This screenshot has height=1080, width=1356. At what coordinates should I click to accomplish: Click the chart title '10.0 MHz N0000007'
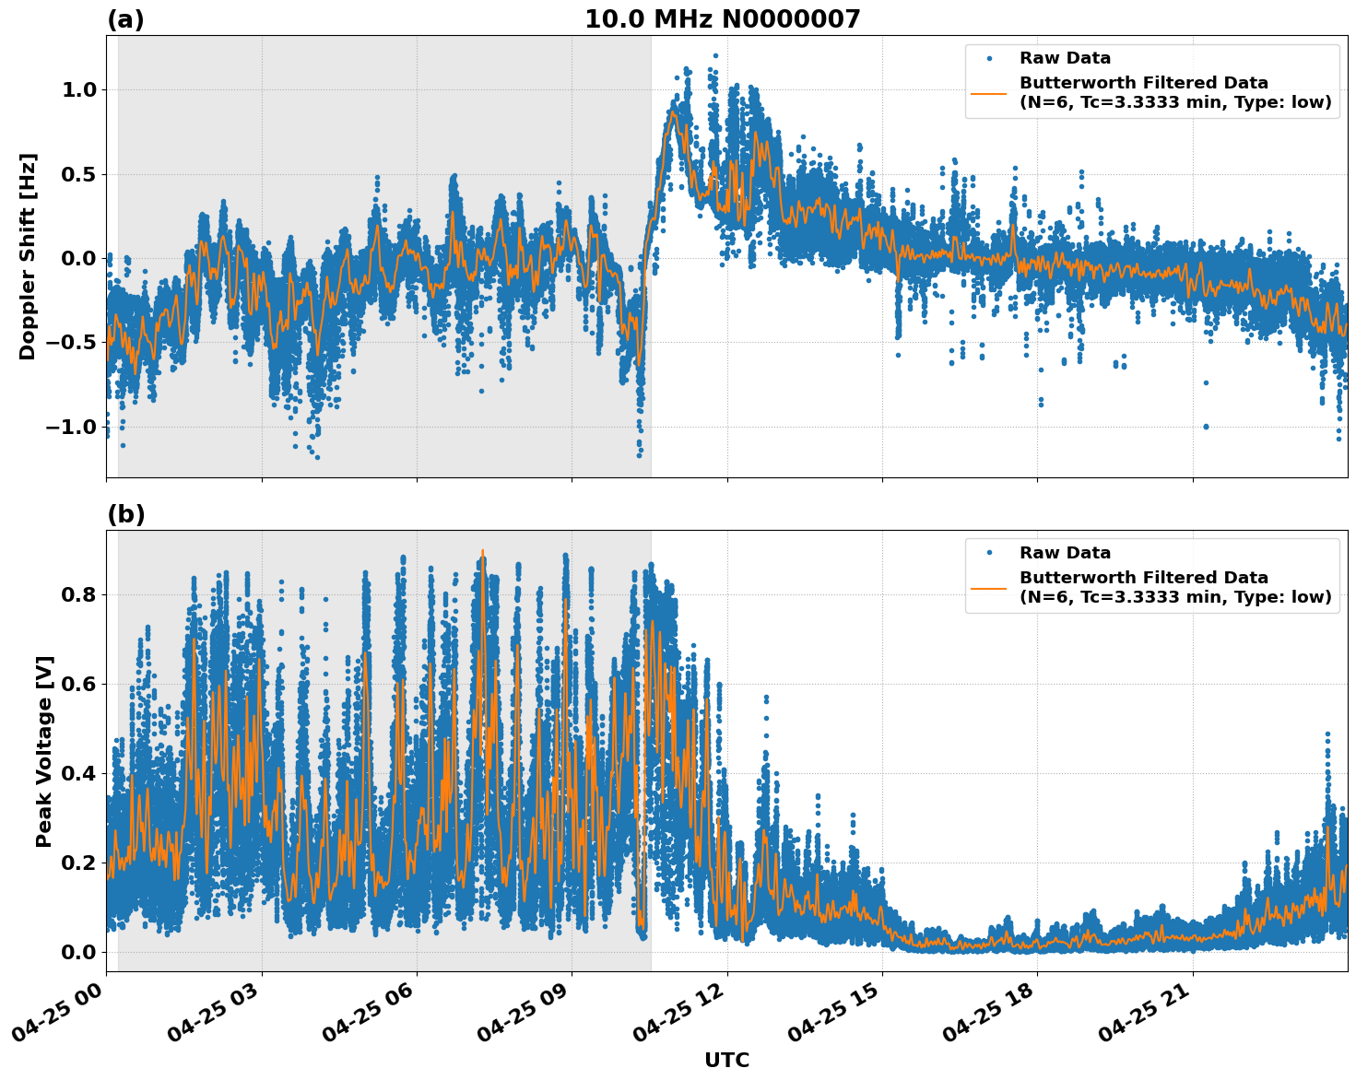(x=722, y=19)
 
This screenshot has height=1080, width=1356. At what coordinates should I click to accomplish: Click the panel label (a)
(x=125, y=19)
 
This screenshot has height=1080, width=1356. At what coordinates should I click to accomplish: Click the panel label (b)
(x=125, y=514)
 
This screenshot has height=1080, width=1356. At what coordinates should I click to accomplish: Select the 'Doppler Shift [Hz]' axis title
(x=28, y=256)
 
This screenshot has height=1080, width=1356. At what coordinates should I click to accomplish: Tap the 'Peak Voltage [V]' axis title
(x=43, y=751)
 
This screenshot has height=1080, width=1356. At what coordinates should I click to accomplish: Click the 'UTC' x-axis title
(x=726, y=1060)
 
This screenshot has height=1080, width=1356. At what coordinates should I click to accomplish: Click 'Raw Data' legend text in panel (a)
(x=1065, y=58)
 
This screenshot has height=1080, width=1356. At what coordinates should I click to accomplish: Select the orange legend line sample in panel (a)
(x=988, y=92)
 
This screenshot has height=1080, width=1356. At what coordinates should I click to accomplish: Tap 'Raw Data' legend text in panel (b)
(x=1065, y=553)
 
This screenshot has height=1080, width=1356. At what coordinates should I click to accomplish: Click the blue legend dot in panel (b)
(x=988, y=553)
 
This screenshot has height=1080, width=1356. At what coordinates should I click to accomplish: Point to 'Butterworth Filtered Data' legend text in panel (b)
(x=1143, y=578)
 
